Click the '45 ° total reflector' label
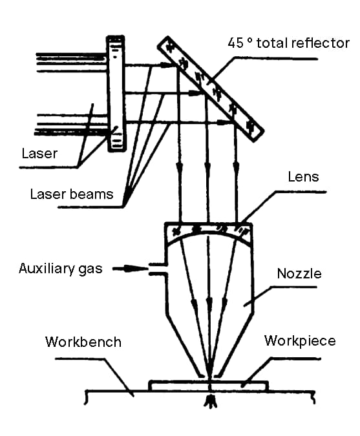pos(288,43)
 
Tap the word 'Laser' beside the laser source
pos(39,154)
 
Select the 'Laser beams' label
pos(72,194)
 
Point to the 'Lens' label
pos(303,177)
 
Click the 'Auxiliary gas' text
pos(61,269)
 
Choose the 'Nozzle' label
pos(299,274)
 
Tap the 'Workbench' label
pos(83,342)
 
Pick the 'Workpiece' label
pos(300,341)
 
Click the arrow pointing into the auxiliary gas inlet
pos(130,269)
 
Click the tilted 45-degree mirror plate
pos(211,88)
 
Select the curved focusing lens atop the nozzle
pos(209,231)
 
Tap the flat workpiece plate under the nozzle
pos(208,386)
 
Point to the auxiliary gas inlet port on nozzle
pos(158,269)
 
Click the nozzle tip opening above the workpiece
pos(209,375)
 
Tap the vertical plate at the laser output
pos(116,94)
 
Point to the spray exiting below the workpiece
pos(211,400)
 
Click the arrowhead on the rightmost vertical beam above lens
pos(236,169)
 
